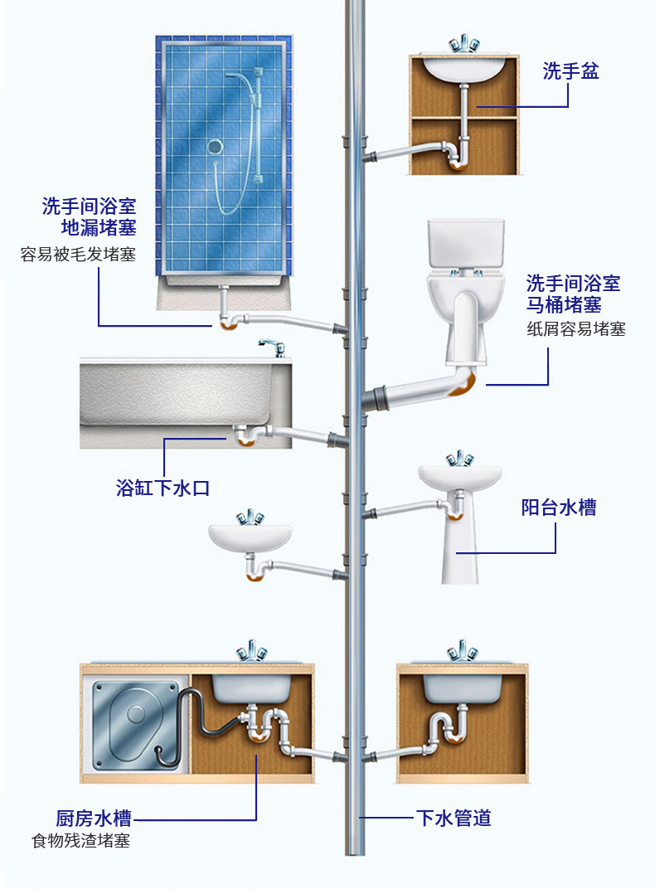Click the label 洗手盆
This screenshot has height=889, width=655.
(x=570, y=71)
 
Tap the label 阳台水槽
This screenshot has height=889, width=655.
(x=558, y=508)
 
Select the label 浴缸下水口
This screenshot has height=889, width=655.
(x=163, y=488)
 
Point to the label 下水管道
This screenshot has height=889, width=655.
(x=453, y=819)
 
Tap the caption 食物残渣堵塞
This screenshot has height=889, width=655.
(x=80, y=842)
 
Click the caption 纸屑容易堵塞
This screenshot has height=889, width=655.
(x=575, y=329)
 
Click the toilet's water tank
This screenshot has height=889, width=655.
(x=466, y=243)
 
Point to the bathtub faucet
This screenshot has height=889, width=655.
(x=271, y=346)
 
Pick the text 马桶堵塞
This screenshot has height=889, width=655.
(x=564, y=304)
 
